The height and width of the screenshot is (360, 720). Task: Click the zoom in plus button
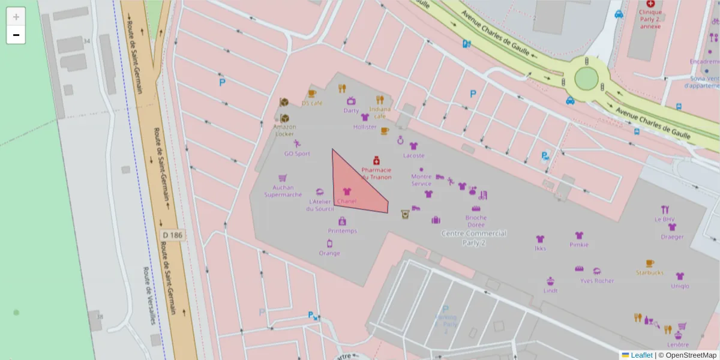(16, 17)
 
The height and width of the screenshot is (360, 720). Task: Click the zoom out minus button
(16, 35)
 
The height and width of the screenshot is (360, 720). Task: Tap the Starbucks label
(650, 272)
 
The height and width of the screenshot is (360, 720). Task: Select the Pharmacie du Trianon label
(376, 173)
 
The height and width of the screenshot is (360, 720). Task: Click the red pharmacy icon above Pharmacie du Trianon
(377, 160)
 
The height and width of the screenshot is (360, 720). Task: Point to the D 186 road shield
(172, 235)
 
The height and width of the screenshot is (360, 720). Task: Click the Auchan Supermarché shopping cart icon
(283, 178)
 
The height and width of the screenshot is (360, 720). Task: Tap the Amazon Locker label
(284, 130)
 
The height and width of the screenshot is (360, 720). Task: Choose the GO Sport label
(297, 154)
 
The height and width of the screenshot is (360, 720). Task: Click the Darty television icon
(351, 101)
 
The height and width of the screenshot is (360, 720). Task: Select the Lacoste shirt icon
(413, 146)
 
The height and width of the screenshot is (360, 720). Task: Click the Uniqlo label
(680, 286)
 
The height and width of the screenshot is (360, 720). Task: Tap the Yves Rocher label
(596, 281)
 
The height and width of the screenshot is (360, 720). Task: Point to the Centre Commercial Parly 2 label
(474, 238)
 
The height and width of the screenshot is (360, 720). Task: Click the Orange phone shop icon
(329, 243)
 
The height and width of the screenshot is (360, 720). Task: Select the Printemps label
(343, 231)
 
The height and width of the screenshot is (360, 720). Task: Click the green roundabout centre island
(586, 79)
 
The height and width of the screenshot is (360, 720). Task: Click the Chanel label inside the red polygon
(347, 201)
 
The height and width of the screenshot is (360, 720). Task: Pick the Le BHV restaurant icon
(665, 209)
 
